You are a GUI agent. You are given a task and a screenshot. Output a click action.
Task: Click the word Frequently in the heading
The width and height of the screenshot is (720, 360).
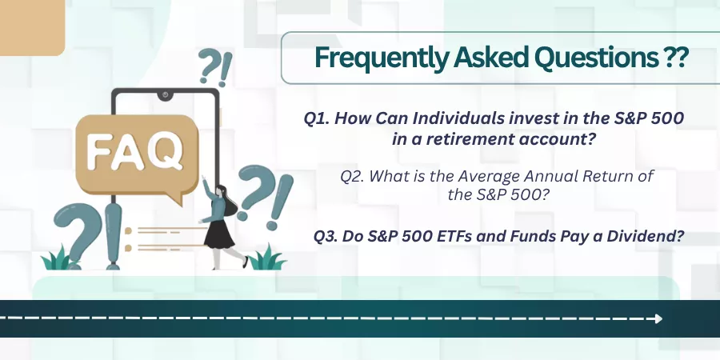pyautogui.click(x=381, y=58)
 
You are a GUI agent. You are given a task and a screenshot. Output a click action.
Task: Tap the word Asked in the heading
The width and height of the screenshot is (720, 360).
pyautogui.click(x=490, y=57)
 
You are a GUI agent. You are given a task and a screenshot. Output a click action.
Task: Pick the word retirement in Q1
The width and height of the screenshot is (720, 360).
pyautogui.click(x=470, y=138)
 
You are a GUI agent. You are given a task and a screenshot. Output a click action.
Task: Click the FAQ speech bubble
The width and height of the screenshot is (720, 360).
pyautogui.click(x=137, y=155)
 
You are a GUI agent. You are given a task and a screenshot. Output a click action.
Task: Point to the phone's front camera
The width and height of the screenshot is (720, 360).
pyautogui.click(x=165, y=95)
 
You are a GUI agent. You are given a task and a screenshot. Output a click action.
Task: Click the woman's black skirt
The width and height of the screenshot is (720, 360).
pyautogui.click(x=218, y=234)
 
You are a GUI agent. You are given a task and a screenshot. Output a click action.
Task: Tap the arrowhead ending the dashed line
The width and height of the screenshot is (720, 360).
pyautogui.click(x=658, y=318)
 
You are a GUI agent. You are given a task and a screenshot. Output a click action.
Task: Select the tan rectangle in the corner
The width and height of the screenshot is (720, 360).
pyautogui.click(x=32, y=27)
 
